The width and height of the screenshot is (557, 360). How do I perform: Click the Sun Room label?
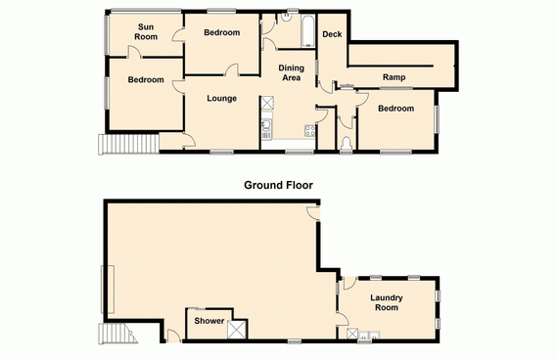coord(146,32)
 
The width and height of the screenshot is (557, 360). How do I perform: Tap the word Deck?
coord(332,34)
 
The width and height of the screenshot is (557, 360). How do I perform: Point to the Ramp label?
coord(394,77)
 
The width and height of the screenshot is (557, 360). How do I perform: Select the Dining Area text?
coord(292,72)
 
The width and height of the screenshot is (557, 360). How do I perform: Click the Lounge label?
coord(221,99)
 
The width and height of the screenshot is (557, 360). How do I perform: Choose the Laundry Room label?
coord(387,302)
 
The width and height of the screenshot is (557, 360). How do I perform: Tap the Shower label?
coord(209,321)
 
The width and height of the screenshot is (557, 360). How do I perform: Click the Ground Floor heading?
coord(278,185)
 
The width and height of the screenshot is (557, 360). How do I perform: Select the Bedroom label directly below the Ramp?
coord(396,109)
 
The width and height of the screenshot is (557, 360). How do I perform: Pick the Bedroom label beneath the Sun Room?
coord(146,79)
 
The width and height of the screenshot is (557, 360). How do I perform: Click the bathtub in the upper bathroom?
coord(308,31)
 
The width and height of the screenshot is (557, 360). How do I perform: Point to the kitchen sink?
coord(266,124)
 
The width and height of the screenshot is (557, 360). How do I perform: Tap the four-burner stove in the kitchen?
coord(309,131)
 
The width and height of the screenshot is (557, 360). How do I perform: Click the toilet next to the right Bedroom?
coord(346,145)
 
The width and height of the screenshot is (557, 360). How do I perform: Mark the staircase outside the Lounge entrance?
coord(128,144)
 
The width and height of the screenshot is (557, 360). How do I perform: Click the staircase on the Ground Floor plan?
coord(117,334)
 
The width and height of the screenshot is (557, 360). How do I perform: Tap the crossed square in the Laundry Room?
coord(352,334)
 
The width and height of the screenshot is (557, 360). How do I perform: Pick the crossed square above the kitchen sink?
coord(267,103)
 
